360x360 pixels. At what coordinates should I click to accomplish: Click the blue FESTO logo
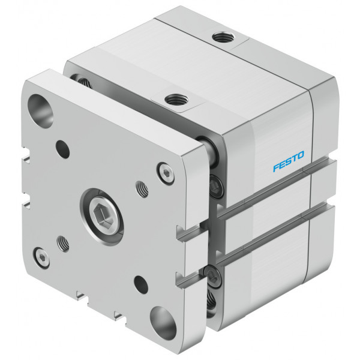pos(289,161)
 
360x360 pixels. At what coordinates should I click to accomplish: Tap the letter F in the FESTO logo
pos(276,167)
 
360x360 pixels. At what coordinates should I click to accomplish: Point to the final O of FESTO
pos(301,155)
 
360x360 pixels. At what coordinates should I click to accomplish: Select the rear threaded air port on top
pos(223,37)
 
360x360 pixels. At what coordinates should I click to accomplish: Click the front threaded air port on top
pos(176,100)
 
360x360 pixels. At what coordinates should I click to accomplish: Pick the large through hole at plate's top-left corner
pos(40,111)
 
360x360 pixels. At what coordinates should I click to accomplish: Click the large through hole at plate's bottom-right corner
pos(163,323)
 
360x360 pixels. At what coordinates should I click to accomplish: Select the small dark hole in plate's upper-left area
pos(62,149)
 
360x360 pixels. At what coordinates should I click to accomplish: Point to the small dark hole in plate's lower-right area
pos(141,284)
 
